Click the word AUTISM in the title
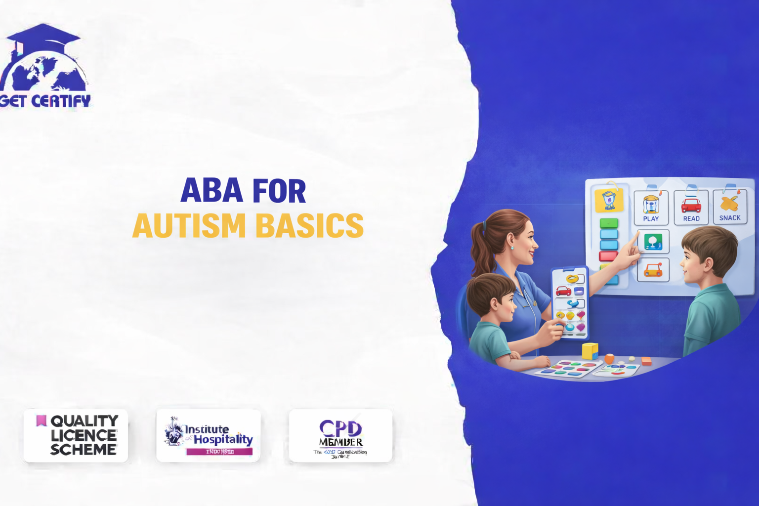[189, 226]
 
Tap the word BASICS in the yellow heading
[309, 226]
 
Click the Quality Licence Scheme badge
[76, 435]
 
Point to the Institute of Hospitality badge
[208, 435]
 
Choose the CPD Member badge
[340, 435]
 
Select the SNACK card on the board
[730, 207]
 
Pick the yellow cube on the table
[590, 351]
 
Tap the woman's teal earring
[512, 248]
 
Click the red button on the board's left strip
[608, 256]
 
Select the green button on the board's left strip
[609, 223]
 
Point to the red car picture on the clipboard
[564, 291]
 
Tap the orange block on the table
[609, 359]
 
